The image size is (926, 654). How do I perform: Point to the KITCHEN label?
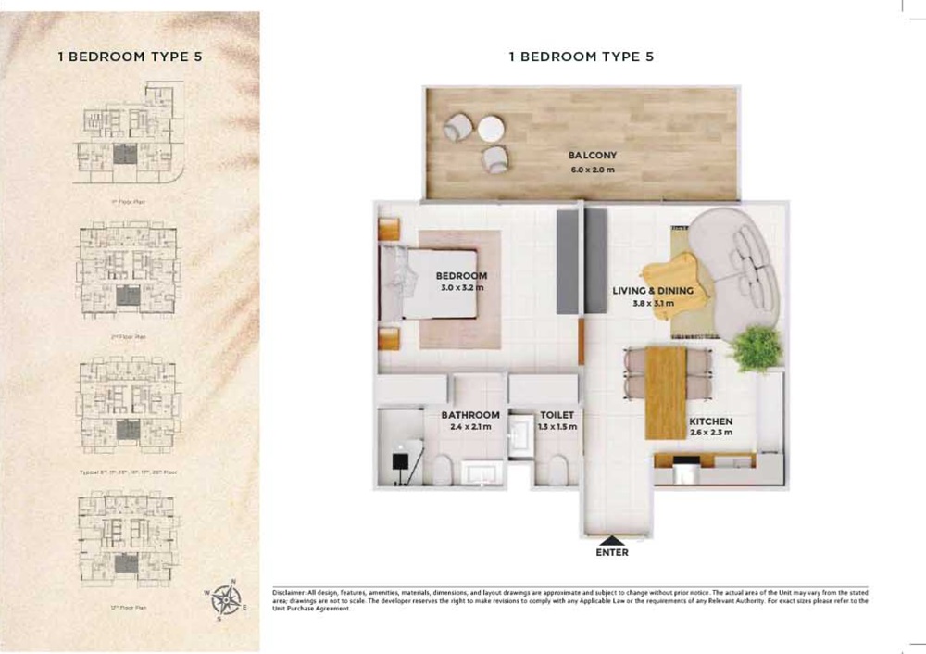click(710, 421)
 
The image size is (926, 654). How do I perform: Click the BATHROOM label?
click(470, 415)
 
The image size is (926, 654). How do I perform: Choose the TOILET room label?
click(557, 415)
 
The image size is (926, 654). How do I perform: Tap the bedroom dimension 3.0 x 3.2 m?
click(462, 288)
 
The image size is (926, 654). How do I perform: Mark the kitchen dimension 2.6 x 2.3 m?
click(710, 433)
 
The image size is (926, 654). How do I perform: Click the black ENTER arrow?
click(613, 540)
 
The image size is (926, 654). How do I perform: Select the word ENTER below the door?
click(613, 553)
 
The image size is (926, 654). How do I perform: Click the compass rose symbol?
click(225, 600)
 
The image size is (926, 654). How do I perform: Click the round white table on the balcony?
click(490, 129)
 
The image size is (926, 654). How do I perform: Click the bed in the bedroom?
click(431, 283)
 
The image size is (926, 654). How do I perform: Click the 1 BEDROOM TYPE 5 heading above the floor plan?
click(582, 57)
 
